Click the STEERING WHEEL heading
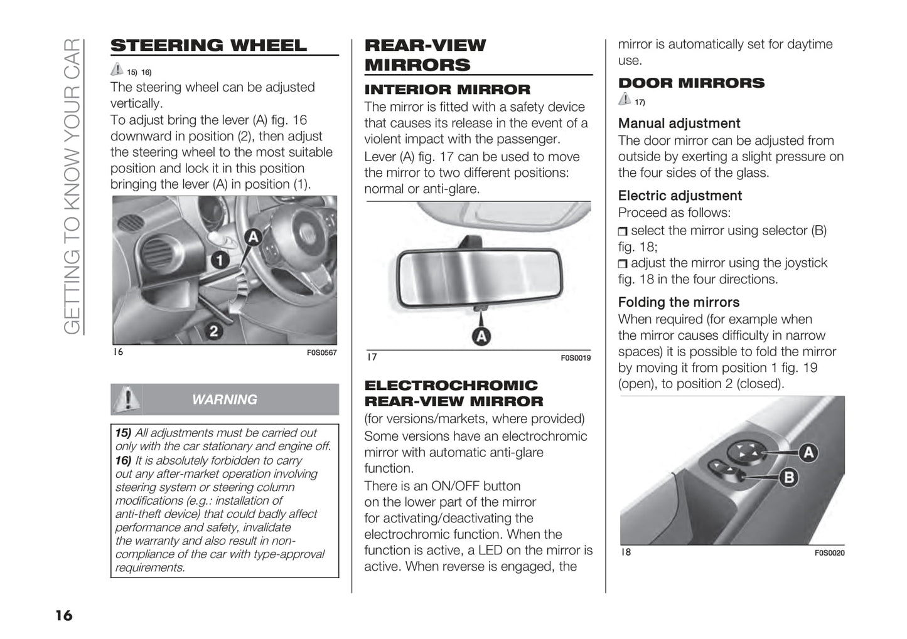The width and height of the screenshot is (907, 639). [x=208, y=45]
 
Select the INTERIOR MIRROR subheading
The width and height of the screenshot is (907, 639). [x=447, y=90]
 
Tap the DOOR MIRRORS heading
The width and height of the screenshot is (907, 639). [x=691, y=83]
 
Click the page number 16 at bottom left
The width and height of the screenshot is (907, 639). [x=63, y=615]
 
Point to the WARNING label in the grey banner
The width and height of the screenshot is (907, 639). [x=224, y=399]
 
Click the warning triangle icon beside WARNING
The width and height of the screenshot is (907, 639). [x=127, y=399]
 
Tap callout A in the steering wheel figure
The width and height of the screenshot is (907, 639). [x=252, y=236]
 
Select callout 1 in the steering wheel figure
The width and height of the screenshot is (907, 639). [x=219, y=258]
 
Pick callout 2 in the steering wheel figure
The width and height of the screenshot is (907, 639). [x=213, y=330]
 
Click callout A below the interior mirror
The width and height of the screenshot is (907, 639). [x=481, y=337]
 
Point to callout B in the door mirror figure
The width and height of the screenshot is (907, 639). [x=788, y=478]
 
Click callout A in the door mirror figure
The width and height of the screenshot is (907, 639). [x=808, y=452]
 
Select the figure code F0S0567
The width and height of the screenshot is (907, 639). [x=321, y=353]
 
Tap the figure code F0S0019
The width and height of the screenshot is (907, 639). [x=575, y=358]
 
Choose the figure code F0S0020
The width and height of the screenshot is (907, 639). [x=829, y=553]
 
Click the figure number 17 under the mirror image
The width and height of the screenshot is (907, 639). [x=372, y=357]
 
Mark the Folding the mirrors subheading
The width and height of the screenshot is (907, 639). [x=679, y=302]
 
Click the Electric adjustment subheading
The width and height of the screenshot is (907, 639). [x=680, y=196]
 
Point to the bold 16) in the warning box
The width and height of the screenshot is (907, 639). [x=123, y=460]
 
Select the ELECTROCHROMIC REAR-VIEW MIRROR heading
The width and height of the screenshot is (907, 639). [x=453, y=393]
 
